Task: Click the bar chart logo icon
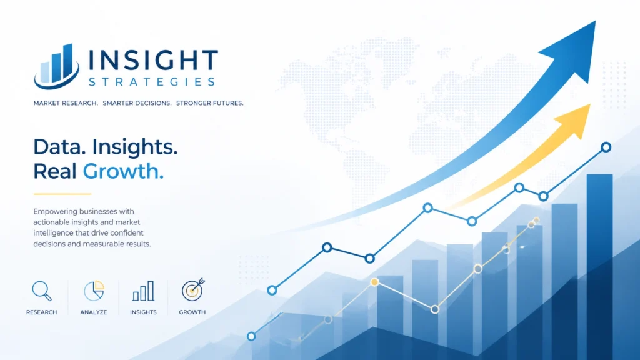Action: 57,66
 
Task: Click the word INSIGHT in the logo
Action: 154,61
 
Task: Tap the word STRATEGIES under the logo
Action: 152,82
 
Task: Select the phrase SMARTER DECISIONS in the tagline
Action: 137,103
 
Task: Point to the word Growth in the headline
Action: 123,171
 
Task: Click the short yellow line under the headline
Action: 62,194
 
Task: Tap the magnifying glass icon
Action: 42,291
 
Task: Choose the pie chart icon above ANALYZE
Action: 94,291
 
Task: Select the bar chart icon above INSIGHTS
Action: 143,291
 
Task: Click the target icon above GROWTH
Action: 193,290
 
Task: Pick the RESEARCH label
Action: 42,312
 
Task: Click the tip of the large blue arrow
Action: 595,22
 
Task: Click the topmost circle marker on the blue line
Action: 606,147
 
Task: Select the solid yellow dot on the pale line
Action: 374,282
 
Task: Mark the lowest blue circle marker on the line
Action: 251,336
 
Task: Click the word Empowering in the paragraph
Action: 55,212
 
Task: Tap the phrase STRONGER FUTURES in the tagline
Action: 210,103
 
